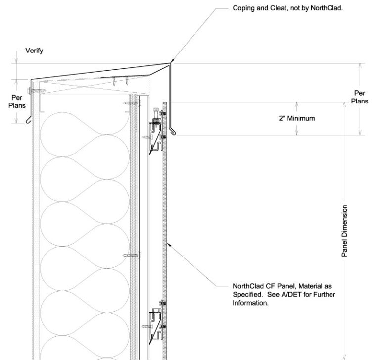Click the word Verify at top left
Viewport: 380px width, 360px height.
pos(34,51)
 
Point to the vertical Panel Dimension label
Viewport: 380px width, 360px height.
pos(344,231)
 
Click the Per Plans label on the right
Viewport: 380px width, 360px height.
pos(360,97)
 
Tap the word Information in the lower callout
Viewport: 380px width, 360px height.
pos(250,303)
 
